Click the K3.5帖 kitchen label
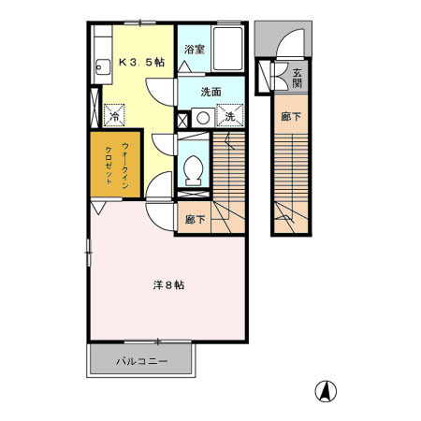click(141, 63)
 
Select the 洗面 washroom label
click(210, 92)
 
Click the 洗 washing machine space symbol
click(229, 116)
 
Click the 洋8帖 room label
click(168, 284)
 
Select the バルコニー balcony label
click(142, 360)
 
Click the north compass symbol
click(328, 391)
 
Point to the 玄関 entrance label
click(298, 77)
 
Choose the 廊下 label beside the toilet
click(195, 220)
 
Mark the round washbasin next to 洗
click(202, 118)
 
